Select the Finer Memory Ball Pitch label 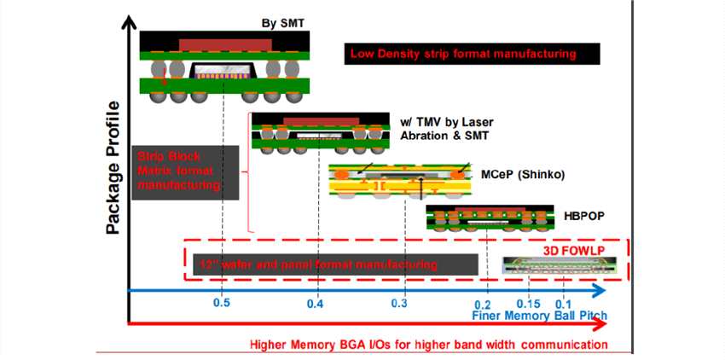tap(539, 316)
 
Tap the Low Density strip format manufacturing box tap(471, 55)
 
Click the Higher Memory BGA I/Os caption tap(428, 345)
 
